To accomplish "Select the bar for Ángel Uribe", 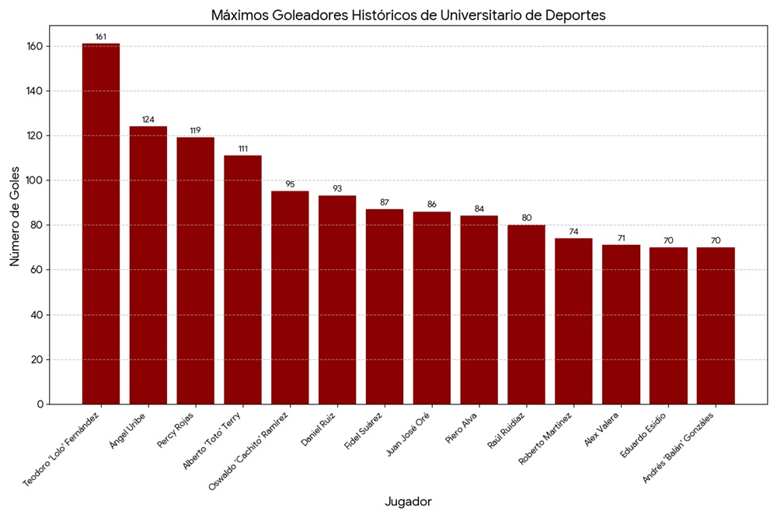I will [148, 265].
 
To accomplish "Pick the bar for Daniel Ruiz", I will [337, 299].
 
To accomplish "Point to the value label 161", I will [101, 37].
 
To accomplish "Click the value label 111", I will [243, 149].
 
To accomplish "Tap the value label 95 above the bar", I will [290, 184].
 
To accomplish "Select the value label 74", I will [573, 232].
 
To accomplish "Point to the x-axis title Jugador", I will [408, 502].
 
